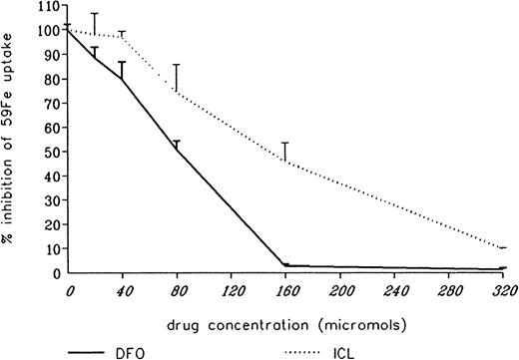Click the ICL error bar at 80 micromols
click(177, 78)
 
